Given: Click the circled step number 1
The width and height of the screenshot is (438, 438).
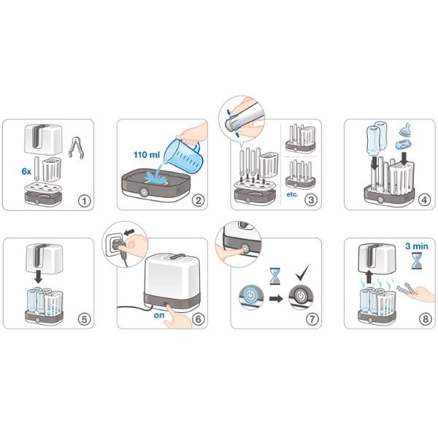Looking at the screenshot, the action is point(85,201).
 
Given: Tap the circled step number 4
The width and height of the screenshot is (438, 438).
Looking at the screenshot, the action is point(424,200).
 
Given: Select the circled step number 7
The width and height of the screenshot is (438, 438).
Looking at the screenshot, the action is point(312,319).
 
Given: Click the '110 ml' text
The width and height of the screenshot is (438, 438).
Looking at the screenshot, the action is point(147,155).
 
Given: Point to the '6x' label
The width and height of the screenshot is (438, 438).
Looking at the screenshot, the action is point(26,172).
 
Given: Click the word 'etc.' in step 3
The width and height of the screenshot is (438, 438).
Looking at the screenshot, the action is point(292,194).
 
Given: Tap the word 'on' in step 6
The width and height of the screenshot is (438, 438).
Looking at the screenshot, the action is point(159,315).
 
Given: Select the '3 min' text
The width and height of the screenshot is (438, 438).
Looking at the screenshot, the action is point(417,246).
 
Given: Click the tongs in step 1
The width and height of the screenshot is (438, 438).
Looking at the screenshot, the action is point(76,147).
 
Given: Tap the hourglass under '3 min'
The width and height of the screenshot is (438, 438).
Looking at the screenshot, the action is point(417,261).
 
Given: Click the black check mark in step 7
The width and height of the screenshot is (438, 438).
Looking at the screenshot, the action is point(302,272).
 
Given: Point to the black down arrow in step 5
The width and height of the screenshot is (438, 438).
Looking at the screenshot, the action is point(38,277).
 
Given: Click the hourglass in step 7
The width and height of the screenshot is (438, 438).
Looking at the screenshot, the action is point(275,276).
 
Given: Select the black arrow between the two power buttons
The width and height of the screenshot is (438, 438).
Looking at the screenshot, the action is point(276,299).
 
